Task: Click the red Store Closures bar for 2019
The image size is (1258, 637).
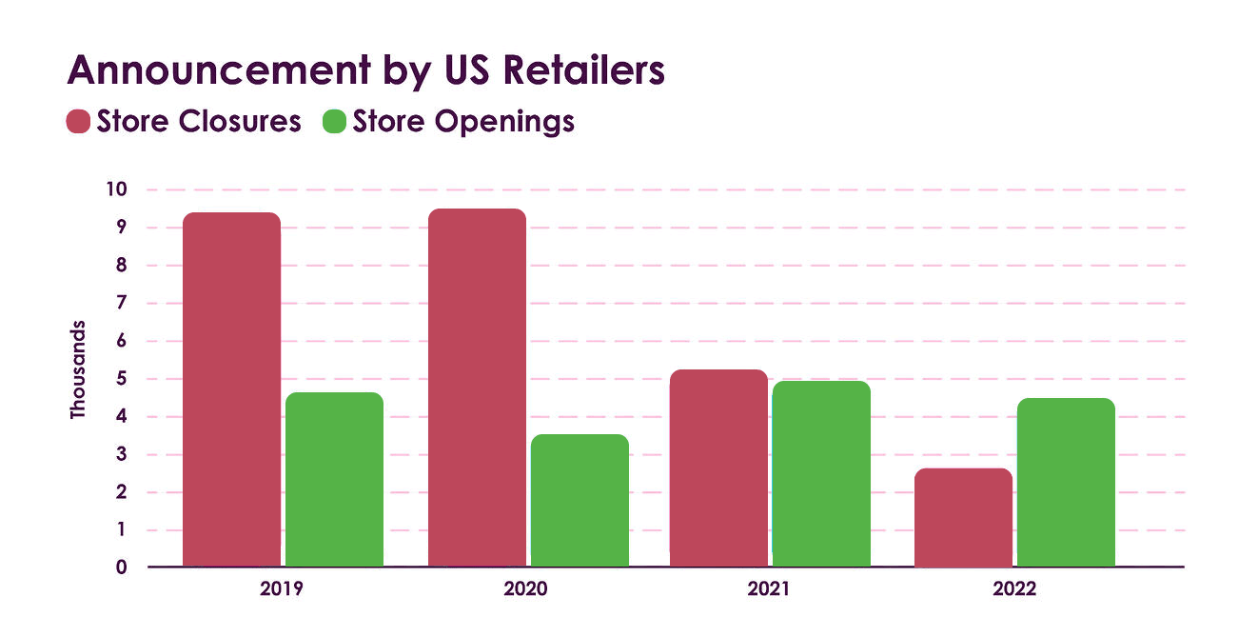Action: [231, 389]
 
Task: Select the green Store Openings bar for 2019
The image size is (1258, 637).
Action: [334, 480]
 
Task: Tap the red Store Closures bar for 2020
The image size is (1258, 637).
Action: [477, 388]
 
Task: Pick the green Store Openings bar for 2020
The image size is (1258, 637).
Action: [580, 501]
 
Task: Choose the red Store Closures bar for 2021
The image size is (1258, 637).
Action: [718, 468]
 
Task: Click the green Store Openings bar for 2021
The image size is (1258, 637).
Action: [821, 474]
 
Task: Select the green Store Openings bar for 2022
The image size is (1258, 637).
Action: [1066, 483]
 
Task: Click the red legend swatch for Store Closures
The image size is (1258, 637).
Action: [78, 122]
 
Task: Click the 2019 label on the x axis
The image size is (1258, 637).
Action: [281, 589]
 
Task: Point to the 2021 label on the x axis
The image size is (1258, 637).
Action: [768, 589]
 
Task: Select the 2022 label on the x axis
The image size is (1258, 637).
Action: [1014, 589]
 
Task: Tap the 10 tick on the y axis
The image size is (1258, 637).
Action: [117, 189]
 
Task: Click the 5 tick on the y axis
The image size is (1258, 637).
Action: [121, 379]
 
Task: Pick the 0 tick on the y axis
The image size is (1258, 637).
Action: [121, 567]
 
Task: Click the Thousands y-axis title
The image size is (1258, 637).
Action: [78, 369]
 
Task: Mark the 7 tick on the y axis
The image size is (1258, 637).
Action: [121, 303]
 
